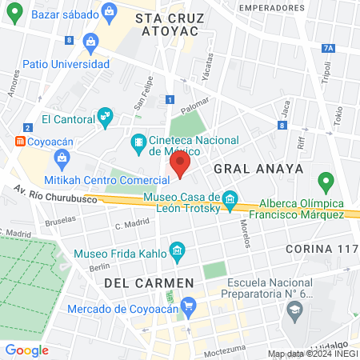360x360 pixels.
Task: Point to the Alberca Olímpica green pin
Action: click(x=325, y=182)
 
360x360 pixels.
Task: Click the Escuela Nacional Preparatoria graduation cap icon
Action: click(x=296, y=309)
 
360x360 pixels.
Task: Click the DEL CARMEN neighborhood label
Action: click(x=149, y=283)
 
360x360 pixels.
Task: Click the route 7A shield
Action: click(x=328, y=48)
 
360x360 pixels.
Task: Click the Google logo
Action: click(x=26, y=350)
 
